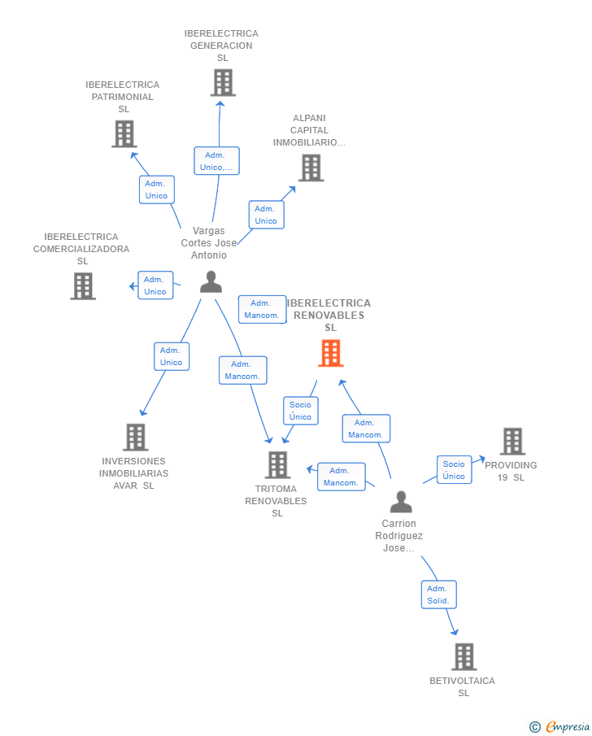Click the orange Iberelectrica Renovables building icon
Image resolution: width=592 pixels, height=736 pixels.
(x=330, y=353)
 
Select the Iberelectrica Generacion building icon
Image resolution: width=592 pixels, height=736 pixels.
(x=222, y=82)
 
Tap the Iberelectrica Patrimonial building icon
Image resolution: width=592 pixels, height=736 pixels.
(x=124, y=133)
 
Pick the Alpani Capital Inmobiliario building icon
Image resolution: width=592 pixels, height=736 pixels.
(x=311, y=168)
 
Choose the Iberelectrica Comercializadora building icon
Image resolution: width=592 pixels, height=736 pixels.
(x=83, y=285)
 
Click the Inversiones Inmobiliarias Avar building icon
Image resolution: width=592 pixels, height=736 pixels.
(x=135, y=437)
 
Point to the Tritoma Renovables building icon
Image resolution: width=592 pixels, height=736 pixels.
(x=277, y=464)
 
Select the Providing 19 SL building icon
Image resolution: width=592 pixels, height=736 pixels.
(x=512, y=442)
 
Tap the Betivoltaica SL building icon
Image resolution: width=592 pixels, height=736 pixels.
(x=464, y=656)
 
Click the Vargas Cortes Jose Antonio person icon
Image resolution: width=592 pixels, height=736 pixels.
(x=211, y=281)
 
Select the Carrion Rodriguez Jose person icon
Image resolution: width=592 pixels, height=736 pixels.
(x=400, y=502)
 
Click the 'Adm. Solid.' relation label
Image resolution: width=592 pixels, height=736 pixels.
(x=438, y=594)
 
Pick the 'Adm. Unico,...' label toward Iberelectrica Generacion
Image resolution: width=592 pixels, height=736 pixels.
(x=215, y=161)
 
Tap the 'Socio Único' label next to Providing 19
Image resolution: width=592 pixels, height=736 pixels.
(x=454, y=470)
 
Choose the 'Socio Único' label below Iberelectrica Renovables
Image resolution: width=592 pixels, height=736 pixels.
(x=300, y=411)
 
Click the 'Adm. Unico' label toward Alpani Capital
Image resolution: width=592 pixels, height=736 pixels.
(x=266, y=215)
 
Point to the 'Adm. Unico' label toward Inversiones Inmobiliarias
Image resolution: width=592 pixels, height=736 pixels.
(x=172, y=356)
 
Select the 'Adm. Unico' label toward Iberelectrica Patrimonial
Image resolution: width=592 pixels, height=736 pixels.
(x=156, y=189)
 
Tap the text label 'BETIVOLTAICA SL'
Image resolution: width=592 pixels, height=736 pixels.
(x=462, y=686)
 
